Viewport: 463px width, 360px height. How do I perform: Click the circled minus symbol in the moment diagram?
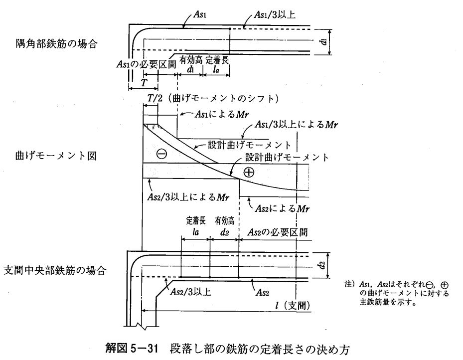(161, 154)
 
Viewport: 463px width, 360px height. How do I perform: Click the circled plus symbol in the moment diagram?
(248, 172)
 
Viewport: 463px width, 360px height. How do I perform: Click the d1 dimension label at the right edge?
(324, 41)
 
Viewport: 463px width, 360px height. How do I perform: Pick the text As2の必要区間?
(277, 232)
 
